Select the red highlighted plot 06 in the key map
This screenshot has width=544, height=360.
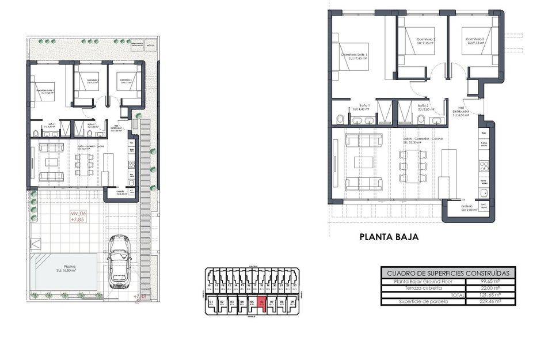point(262,303)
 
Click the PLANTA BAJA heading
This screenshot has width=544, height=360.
point(389,236)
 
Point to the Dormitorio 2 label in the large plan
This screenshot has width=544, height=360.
point(425,40)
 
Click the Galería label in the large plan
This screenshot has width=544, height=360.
point(467,207)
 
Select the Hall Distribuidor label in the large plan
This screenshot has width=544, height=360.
point(462,111)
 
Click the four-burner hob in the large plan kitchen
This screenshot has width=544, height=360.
point(484,166)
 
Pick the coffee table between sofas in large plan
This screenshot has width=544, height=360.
point(364,162)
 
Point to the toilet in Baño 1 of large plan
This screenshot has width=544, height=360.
point(340,120)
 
